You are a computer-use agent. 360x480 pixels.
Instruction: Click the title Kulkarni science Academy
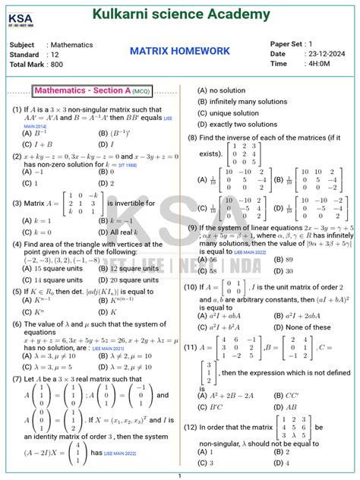(181, 14)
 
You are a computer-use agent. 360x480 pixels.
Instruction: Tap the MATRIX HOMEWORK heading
(179, 51)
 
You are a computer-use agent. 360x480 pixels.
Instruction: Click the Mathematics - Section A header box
(92, 91)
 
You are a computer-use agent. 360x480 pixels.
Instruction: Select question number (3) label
(17, 204)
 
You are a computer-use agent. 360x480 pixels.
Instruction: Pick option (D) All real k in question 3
(121, 232)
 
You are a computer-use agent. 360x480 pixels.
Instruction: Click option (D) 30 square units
(128, 279)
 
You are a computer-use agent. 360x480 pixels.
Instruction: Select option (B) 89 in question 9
(281, 259)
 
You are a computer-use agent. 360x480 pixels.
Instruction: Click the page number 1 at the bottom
(180, 475)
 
